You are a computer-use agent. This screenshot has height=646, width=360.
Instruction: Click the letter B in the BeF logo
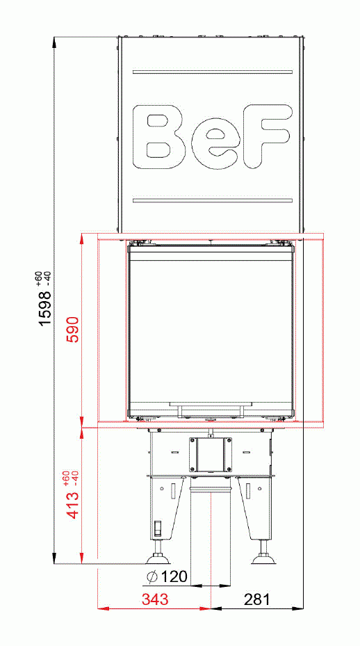(165, 137)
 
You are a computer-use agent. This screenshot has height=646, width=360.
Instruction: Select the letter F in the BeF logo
(265, 137)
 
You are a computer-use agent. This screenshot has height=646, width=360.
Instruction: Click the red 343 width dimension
(155, 599)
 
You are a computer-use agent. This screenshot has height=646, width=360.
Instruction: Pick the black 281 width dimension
(256, 599)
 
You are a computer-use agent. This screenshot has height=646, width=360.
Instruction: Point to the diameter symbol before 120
(152, 576)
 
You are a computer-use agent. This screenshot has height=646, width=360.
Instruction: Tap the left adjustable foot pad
(158, 558)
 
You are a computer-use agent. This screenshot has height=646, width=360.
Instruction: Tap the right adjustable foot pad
(264, 558)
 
